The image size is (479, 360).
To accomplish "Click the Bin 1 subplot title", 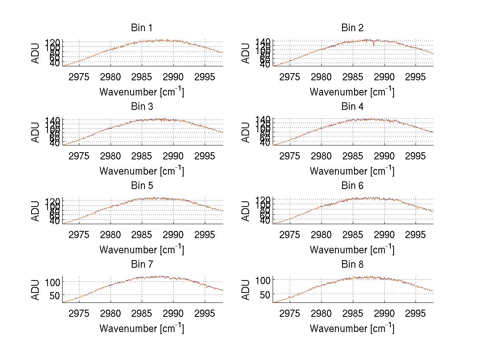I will (x=141, y=28).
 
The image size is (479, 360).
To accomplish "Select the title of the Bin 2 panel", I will (x=352, y=28).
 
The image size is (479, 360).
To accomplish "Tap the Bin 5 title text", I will (x=141, y=186).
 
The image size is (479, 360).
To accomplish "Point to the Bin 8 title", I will (x=352, y=265).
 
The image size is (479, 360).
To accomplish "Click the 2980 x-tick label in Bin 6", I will (x=321, y=234).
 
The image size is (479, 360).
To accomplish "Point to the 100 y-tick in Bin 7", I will (x=54, y=282).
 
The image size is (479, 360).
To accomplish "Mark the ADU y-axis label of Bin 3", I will (x=36, y=132).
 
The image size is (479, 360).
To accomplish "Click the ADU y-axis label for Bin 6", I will (x=246, y=211).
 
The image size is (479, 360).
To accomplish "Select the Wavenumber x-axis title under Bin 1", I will (x=141, y=91).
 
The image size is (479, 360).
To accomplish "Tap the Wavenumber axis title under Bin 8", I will (x=352, y=328).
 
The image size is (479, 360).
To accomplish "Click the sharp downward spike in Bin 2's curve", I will (x=374, y=45).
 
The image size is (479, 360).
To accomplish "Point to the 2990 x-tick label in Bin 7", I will (x=174, y=313).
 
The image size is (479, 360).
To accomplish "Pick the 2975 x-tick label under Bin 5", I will (x=79, y=234).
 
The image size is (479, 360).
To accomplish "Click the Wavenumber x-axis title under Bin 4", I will (x=352, y=171).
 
